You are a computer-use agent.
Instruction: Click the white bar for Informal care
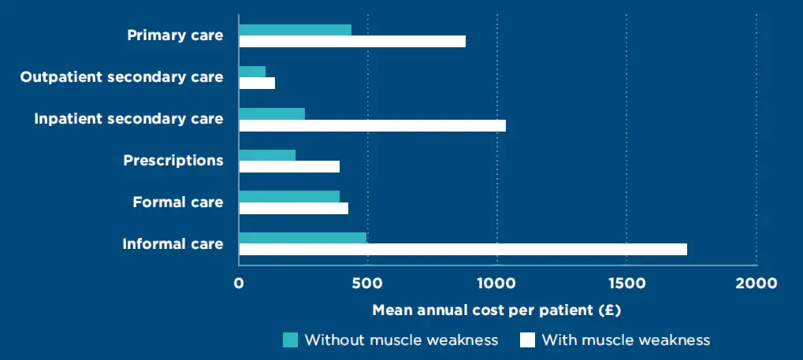pyautogui.click(x=463, y=250)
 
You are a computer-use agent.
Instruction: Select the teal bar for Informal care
pyautogui.click(x=303, y=238)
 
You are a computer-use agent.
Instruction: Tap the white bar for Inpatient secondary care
pyautogui.click(x=372, y=125)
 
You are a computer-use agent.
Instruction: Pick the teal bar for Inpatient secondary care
pyautogui.click(x=272, y=113)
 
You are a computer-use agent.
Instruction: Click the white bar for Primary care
pyautogui.click(x=352, y=42)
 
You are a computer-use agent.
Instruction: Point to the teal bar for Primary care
pyautogui.click(x=295, y=30)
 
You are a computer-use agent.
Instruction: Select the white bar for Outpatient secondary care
pyautogui.click(x=257, y=84)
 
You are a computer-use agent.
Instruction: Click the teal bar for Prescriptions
pyautogui.click(x=267, y=155)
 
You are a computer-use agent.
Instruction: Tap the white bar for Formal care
pyautogui.click(x=293, y=209)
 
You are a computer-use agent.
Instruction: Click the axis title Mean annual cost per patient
pyautogui.click(x=496, y=310)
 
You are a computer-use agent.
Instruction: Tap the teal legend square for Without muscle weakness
pyautogui.click(x=291, y=340)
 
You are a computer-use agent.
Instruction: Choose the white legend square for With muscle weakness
pyautogui.click(x=527, y=340)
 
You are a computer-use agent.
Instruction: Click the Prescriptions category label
pyautogui.click(x=173, y=161)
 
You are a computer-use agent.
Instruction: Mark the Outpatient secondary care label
pyautogui.click(x=121, y=77)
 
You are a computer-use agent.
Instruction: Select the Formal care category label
pyautogui.click(x=177, y=202)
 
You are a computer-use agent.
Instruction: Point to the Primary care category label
pyautogui.click(x=175, y=35)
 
